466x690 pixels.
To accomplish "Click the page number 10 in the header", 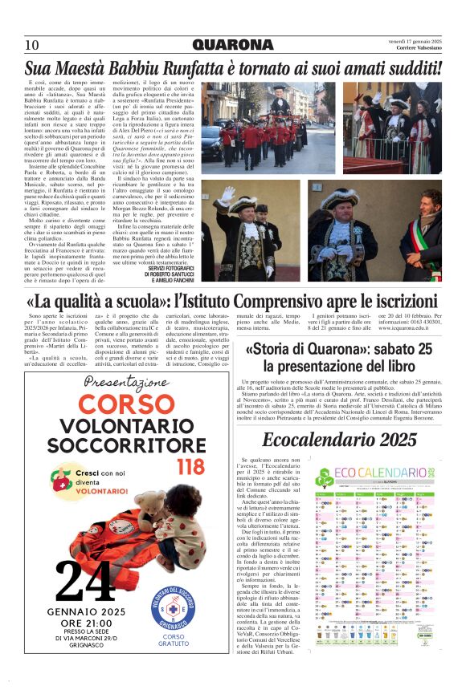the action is tap(33, 45).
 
